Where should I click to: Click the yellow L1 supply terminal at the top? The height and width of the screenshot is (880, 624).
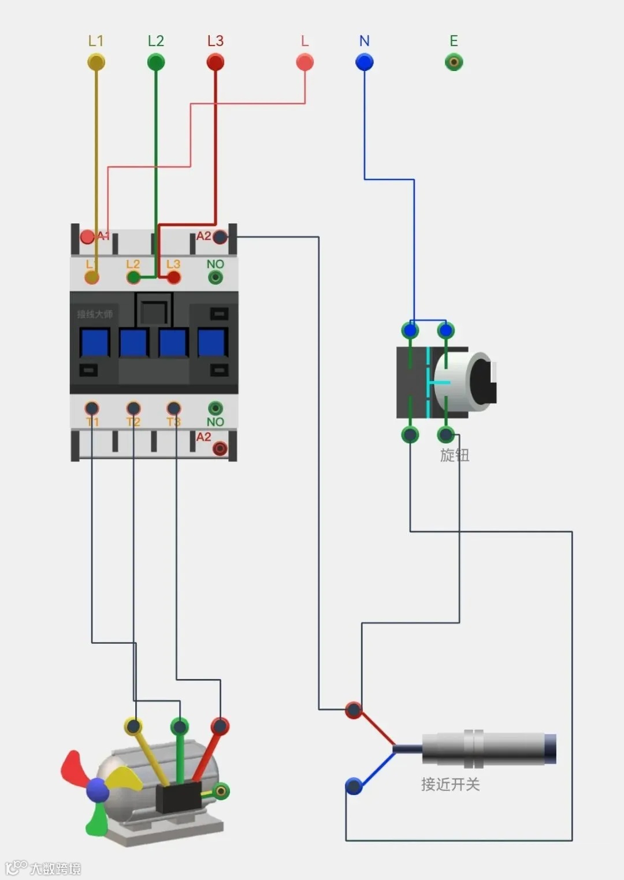(96, 62)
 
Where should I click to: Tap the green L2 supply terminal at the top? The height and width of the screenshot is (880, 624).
(156, 62)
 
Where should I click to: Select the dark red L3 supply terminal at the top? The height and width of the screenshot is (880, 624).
(216, 62)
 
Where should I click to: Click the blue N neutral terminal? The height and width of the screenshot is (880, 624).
(364, 62)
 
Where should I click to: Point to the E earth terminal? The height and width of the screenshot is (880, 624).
(454, 62)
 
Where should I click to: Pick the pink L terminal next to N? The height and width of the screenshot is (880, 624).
(304, 62)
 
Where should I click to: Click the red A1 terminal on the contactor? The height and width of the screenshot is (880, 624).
(87, 236)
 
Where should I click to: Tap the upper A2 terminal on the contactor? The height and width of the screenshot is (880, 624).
(220, 237)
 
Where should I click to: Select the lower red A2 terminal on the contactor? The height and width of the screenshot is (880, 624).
(220, 449)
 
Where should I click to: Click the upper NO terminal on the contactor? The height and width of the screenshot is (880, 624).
(216, 278)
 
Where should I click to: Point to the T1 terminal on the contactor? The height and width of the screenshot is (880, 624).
(92, 408)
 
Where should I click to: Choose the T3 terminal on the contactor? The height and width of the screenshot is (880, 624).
(174, 408)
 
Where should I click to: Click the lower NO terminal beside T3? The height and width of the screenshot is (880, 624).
(216, 408)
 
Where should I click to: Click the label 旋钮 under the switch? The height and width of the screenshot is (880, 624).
(455, 455)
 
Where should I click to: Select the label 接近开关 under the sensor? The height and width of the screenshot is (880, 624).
(451, 784)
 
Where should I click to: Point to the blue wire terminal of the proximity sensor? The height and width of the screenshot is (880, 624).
(354, 786)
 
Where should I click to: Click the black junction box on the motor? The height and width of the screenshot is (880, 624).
(178, 797)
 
